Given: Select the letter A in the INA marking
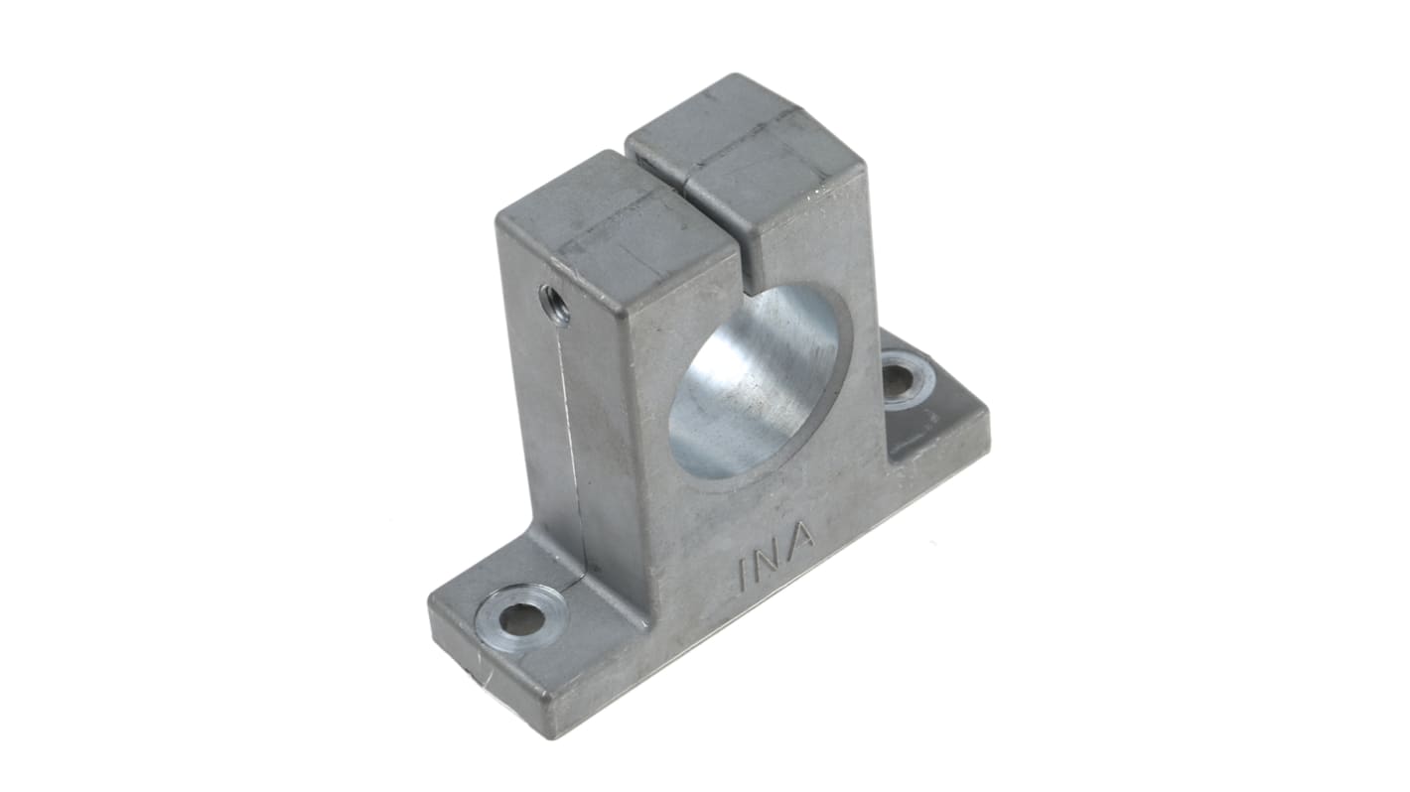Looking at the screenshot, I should [x=801, y=537].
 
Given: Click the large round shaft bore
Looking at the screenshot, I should [x=757, y=382].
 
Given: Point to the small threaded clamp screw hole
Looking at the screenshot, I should [x=553, y=303].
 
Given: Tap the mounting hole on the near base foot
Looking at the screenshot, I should [x=520, y=619].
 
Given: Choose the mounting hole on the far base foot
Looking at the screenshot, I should [x=899, y=380].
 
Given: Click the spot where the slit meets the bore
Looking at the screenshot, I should [x=752, y=290].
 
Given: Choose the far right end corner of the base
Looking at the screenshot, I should [x=988, y=417].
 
